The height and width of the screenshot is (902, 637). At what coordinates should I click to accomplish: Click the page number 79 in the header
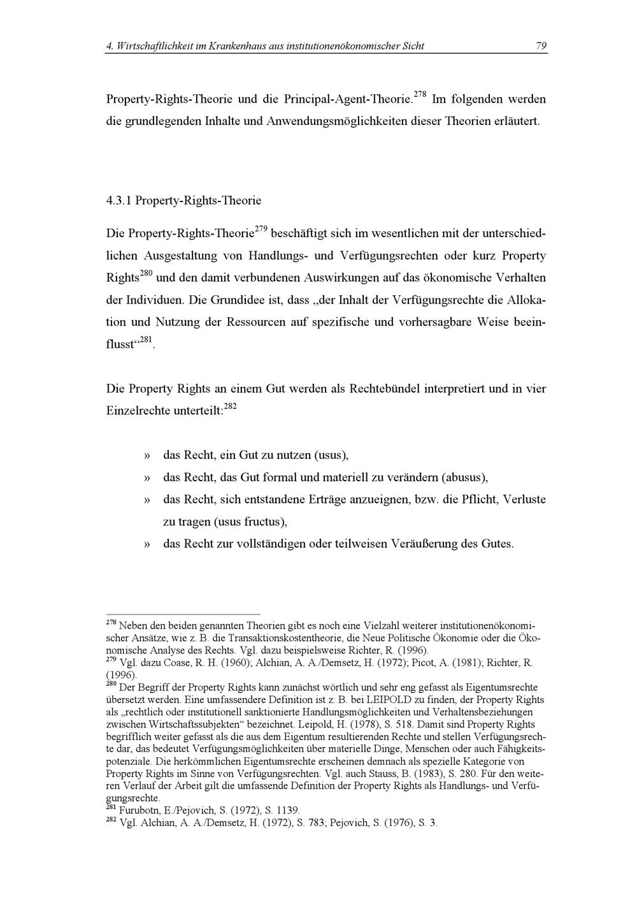(541, 46)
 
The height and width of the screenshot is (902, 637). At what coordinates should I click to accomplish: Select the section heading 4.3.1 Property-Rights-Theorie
(183, 200)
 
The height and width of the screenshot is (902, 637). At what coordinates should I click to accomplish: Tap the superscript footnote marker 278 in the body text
(420, 95)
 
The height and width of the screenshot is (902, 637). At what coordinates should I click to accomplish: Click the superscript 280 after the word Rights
(146, 274)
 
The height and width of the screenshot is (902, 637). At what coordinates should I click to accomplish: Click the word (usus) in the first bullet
(330, 455)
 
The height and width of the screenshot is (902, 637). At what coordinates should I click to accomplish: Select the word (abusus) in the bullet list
(464, 477)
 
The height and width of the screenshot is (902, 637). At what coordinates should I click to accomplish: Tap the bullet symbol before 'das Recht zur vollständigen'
(147, 544)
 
